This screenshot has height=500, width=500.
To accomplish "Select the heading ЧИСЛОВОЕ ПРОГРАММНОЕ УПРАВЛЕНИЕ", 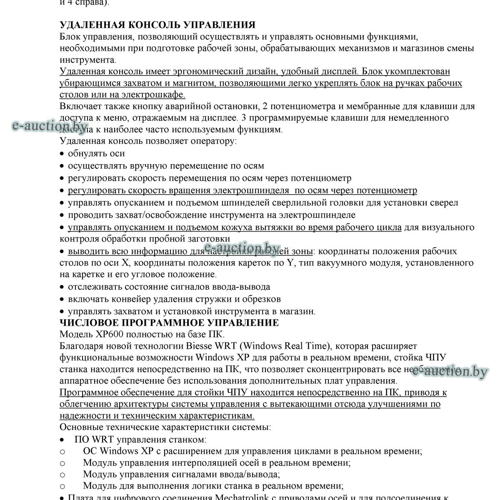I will click(169, 323).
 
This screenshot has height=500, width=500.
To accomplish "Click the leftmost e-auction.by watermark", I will click(50, 126).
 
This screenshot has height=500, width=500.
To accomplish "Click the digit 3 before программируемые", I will click(244, 118).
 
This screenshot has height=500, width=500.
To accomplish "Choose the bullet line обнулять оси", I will click(96, 154).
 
